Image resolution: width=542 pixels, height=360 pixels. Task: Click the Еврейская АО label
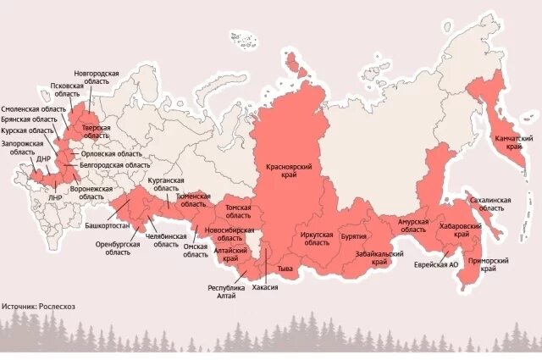pos(435,264)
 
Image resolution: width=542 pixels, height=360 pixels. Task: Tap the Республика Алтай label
pos(228,291)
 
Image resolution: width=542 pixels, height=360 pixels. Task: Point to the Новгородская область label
pos(96,79)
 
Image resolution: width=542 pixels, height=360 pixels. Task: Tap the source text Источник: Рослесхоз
pos(38,306)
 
